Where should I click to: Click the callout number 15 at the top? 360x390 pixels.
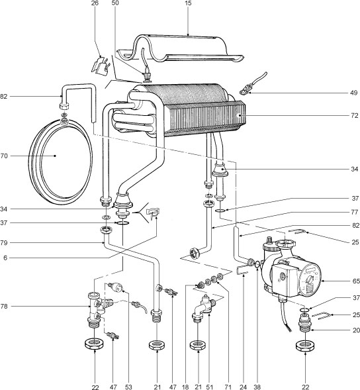pyautogui.click(x=187, y=4)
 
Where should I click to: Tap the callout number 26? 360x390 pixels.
pyautogui.click(x=95, y=4)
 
